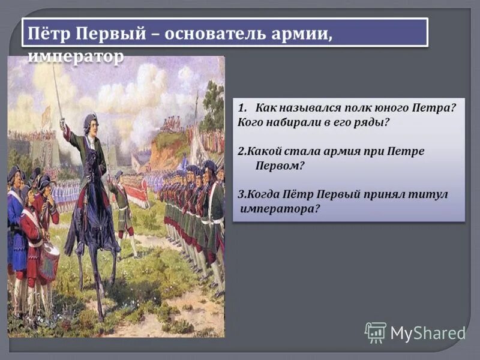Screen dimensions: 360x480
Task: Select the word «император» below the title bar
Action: (x=76, y=55)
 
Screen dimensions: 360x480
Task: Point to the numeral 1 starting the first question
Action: (x=241, y=108)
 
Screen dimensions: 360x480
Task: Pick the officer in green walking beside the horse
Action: (x=124, y=207)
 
